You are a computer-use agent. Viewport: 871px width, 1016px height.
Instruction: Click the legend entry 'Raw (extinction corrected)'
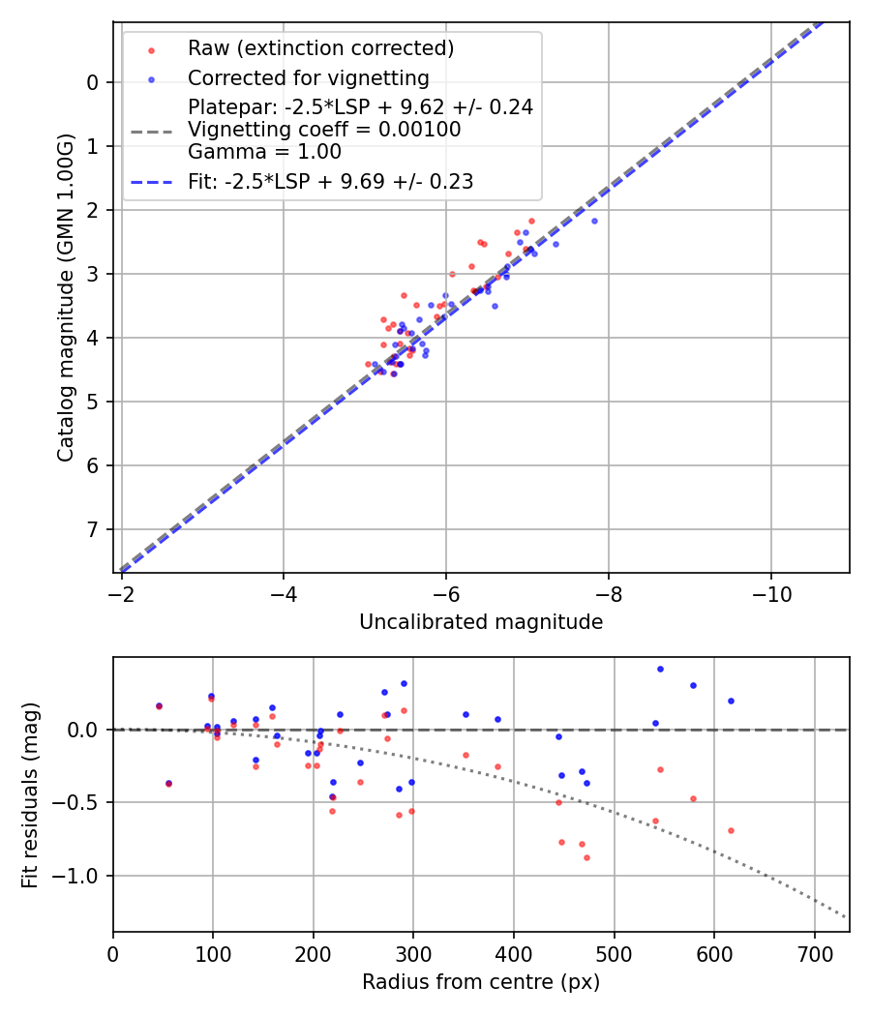point(320,48)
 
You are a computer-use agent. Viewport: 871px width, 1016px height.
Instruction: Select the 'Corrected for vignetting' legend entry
point(308,77)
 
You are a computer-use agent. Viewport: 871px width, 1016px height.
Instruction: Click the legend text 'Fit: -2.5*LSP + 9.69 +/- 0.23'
point(330,182)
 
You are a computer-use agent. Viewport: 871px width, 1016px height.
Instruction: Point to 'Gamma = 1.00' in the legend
point(264,151)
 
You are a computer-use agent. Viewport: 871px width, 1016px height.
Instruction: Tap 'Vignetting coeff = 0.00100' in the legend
point(324,130)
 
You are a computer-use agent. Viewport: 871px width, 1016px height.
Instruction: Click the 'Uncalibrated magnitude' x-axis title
point(481,622)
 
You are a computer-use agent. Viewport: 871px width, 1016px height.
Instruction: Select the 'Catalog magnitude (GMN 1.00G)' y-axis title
point(65,296)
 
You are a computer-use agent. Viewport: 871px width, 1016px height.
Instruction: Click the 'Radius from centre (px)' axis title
point(481,982)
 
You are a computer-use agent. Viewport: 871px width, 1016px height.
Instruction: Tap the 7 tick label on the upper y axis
point(93,529)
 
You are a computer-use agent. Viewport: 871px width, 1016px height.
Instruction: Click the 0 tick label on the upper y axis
point(93,82)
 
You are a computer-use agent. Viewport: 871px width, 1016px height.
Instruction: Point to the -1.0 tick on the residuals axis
point(81,876)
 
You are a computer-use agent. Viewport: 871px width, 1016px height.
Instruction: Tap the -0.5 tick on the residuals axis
point(81,802)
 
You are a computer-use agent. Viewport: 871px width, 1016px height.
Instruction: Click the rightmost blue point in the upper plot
point(594,221)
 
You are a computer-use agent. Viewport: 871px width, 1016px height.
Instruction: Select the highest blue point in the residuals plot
point(660,669)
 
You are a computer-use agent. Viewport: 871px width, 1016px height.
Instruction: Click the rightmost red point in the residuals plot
point(731,830)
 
